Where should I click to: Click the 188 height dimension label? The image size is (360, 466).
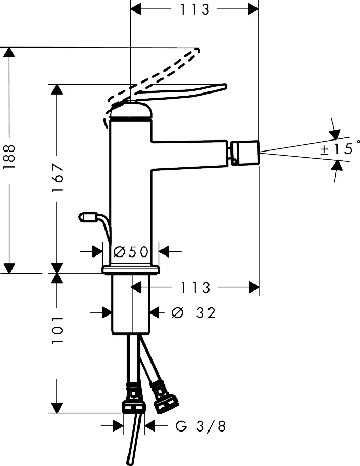click(9, 157)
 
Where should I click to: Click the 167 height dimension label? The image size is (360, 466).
click(57, 178)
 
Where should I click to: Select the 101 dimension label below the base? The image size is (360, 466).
click(57, 330)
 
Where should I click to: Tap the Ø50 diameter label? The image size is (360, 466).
click(131, 252)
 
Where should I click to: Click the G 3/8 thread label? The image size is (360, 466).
click(200, 426)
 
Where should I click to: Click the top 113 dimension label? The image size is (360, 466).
click(195, 9)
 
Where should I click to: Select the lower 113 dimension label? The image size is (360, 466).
click(195, 287)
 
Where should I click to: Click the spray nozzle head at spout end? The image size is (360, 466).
click(244, 153)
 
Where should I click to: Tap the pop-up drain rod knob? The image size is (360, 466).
click(87, 217)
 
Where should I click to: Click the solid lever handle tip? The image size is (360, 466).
click(224, 86)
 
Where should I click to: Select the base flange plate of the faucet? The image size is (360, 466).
click(131, 270)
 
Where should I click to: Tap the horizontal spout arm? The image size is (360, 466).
click(190, 155)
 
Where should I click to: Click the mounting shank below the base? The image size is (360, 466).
click(131, 305)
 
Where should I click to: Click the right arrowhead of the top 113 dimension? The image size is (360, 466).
click(253, 9)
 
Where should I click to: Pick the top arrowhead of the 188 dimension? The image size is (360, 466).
click(9, 52)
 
